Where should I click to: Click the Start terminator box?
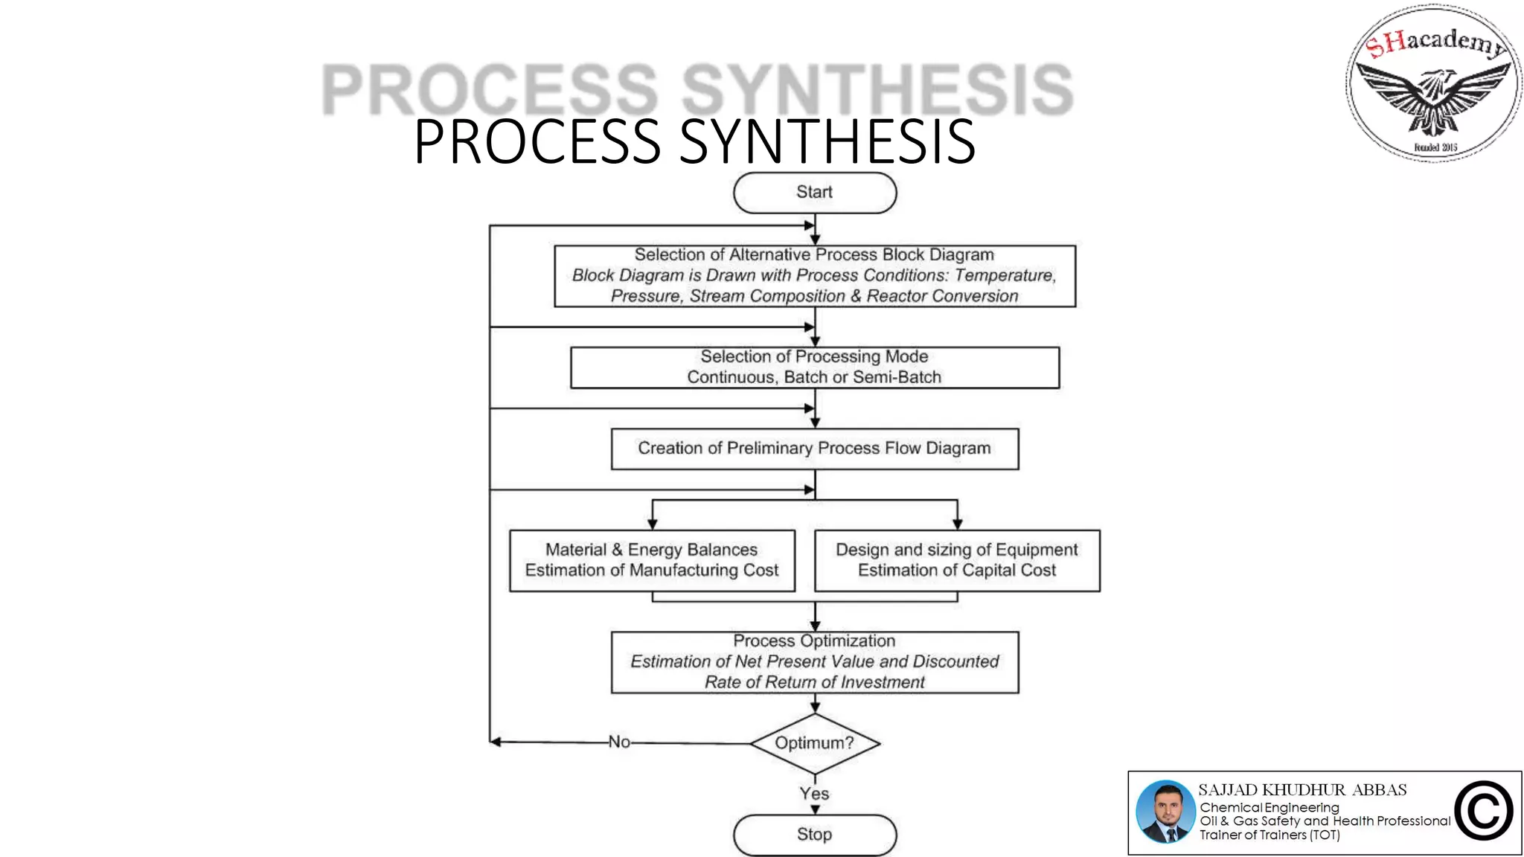[815, 193]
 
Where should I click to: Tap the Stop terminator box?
[815, 835]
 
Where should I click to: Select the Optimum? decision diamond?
[815, 742]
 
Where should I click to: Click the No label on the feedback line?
[619, 742]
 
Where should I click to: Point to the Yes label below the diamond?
[815, 794]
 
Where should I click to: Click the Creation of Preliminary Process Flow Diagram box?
[815, 449]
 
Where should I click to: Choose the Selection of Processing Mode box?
[815, 367]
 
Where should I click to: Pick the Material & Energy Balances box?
[652, 560]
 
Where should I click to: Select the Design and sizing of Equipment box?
[957, 560]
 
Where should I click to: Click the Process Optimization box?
[815, 662]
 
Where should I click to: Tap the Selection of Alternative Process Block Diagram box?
[815, 276]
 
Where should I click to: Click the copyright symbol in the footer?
[1484, 811]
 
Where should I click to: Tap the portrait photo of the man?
[1165, 812]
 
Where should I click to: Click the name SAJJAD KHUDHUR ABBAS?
[1302, 790]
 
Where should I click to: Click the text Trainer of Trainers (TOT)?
[1270, 835]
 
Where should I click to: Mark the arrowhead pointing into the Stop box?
[815, 809]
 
